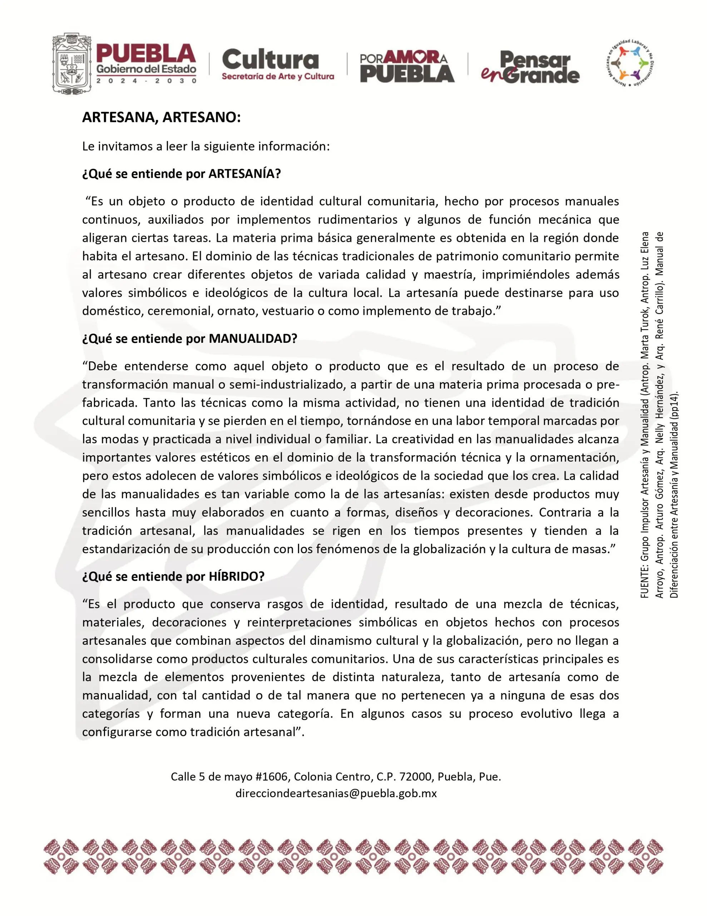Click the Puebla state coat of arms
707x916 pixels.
(x=71, y=64)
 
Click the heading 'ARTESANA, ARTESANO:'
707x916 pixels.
(x=161, y=118)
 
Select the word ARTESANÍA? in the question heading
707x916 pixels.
(x=244, y=174)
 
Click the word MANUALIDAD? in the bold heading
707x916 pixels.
(x=253, y=338)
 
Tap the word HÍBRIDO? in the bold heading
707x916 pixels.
(x=236, y=576)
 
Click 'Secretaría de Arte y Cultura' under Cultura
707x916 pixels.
(x=278, y=76)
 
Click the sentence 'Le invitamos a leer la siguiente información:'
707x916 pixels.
(x=206, y=146)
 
